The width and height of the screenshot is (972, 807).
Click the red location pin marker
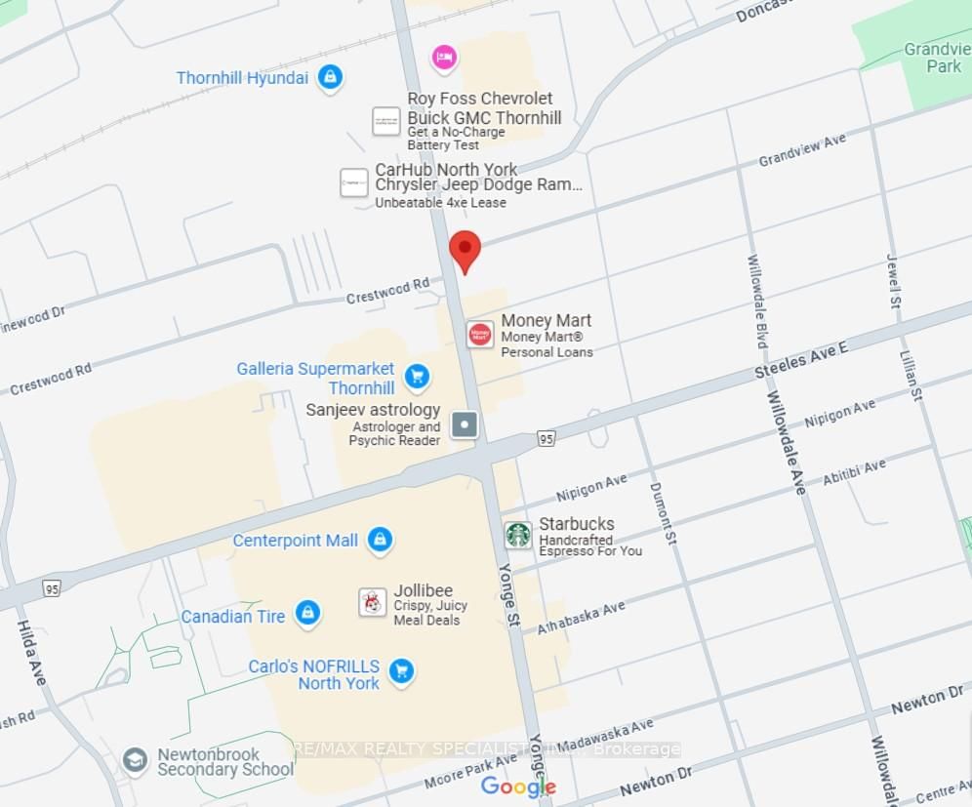coord(465,250)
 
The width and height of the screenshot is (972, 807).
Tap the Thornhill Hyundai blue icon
coord(331,77)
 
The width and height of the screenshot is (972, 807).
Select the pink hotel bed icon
coord(444,57)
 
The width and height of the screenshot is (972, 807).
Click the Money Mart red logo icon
coord(479,335)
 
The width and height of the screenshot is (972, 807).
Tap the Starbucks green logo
coord(518,535)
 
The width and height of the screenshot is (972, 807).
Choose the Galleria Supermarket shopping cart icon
coord(417,376)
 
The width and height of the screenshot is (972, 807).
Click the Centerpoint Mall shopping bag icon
coord(380,540)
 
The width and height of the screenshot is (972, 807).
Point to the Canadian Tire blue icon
coord(307,614)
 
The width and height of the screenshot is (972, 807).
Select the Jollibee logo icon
coord(372,602)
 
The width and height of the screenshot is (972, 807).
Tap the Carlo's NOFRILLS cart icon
coord(400,671)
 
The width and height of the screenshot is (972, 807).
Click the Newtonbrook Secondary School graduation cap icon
coord(136,759)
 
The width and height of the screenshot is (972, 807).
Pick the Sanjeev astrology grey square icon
coord(465,424)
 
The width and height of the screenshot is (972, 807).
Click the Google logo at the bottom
coord(518,787)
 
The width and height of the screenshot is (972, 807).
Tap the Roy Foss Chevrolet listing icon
coord(385,122)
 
